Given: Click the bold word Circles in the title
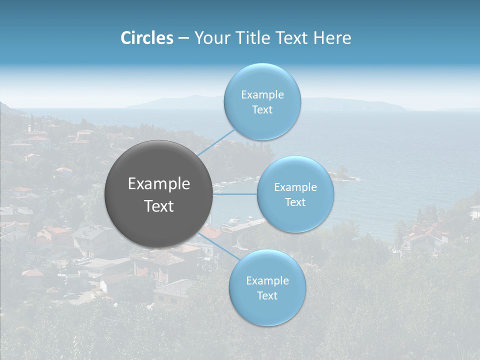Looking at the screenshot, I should pyautogui.click(x=146, y=38).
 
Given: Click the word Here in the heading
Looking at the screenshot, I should pyautogui.click(x=332, y=38).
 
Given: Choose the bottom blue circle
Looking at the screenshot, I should pyautogui.click(x=267, y=310).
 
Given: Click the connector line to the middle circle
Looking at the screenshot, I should pyautogui.click(x=235, y=194).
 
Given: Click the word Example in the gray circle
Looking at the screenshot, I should pyautogui.click(x=159, y=184).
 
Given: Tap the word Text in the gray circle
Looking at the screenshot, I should pyautogui.click(x=159, y=206).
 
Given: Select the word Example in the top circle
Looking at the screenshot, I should pyautogui.click(x=262, y=95).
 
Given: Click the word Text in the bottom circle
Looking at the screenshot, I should pyautogui.click(x=267, y=296).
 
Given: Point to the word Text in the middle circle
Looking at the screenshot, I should pyautogui.click(x=295, y=202).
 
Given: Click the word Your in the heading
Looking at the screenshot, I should pyautogui.click(x=210, y=38).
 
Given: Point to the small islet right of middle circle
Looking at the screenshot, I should pyautogui.click(x=344, y=173).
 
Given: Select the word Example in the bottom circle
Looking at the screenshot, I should pyautogui.click(x=267, y=281).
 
